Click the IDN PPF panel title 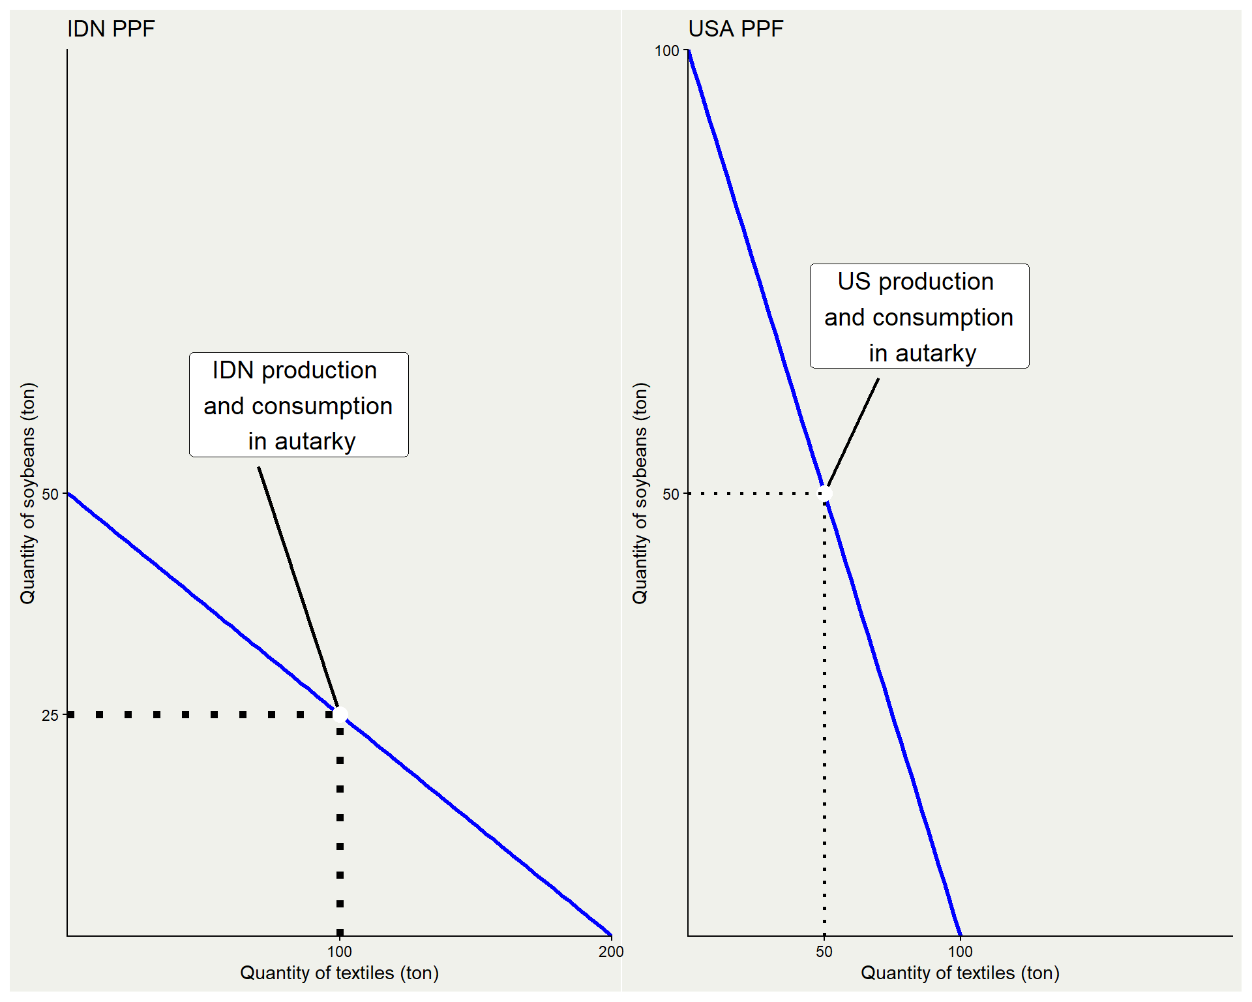(x=111, y=29)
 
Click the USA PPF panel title (x=736, y=29)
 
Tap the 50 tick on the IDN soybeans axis (x=50, y=494)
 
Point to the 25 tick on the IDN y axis (x=50, y=716)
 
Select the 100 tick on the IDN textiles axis (x=339, y=952)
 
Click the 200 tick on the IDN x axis (x=611, y=952)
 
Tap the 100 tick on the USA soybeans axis (x=666, y=51)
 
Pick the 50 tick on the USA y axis (x=671, y=494)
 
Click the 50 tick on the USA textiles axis (x=824, y=952)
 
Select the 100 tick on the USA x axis (x=961, y=952)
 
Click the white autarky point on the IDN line (x=340, y=714)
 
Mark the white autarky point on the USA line (x=826, y=493)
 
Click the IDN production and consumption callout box (x=299, y=405)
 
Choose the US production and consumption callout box (x=919, y=316)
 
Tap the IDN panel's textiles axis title (x=339, y=973)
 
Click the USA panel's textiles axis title (x=960, y=973)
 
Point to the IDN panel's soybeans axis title (x=28, y=493)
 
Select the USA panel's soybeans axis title (x=640, y=493)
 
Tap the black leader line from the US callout (x=854, y=431)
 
